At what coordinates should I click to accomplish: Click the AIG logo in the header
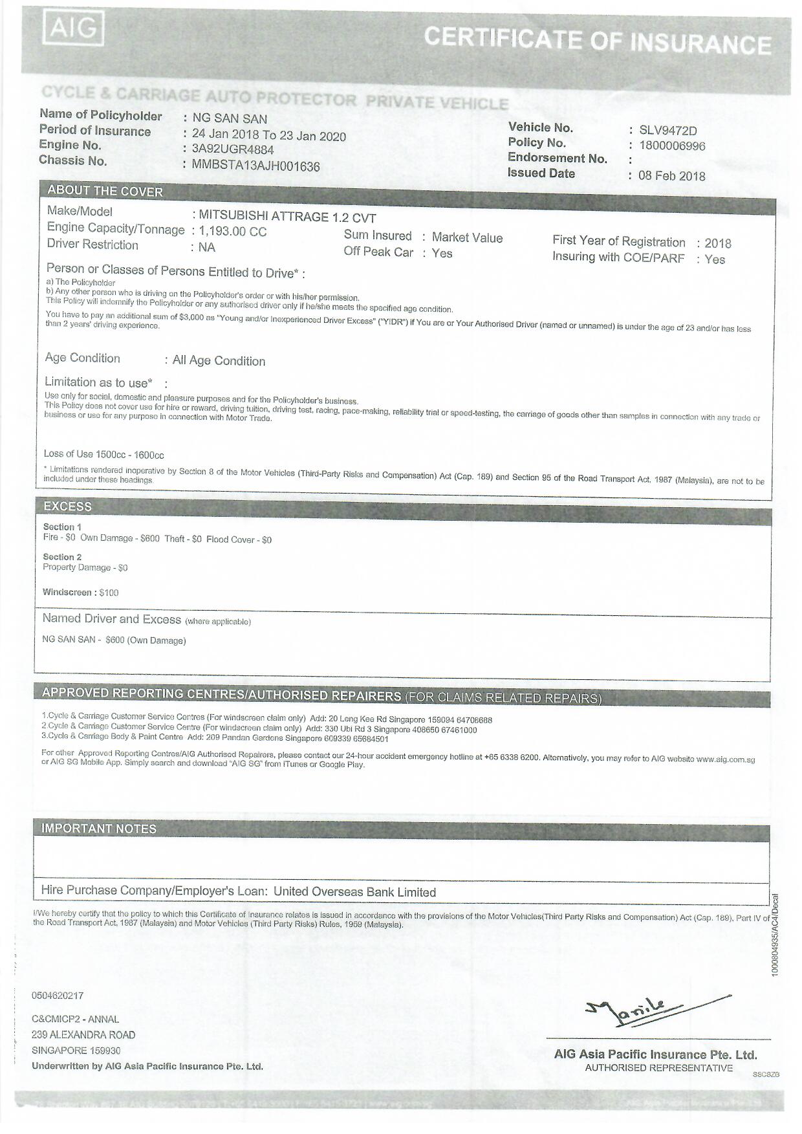pos(73,29)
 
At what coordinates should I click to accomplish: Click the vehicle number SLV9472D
pos(667,131)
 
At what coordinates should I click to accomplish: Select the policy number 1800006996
pos(672,146)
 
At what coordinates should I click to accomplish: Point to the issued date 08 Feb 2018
pos(671,176)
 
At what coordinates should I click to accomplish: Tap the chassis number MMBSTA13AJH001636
pos(255,166)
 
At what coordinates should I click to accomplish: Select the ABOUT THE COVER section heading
pos(105,191)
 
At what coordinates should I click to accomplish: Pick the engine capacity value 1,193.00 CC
pos(232,232)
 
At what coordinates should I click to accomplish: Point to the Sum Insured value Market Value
pos(467,238)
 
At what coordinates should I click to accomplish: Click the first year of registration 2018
pos(718,244)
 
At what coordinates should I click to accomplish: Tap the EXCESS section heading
pos(67,507)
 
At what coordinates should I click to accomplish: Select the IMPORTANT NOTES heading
pos(98,829)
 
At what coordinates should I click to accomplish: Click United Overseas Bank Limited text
pos(354,892)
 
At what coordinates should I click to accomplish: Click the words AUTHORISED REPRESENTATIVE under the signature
pos(658,1068)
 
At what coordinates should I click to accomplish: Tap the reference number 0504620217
pos(58,996)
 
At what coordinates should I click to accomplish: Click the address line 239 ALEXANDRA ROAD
pos(83,1035)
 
